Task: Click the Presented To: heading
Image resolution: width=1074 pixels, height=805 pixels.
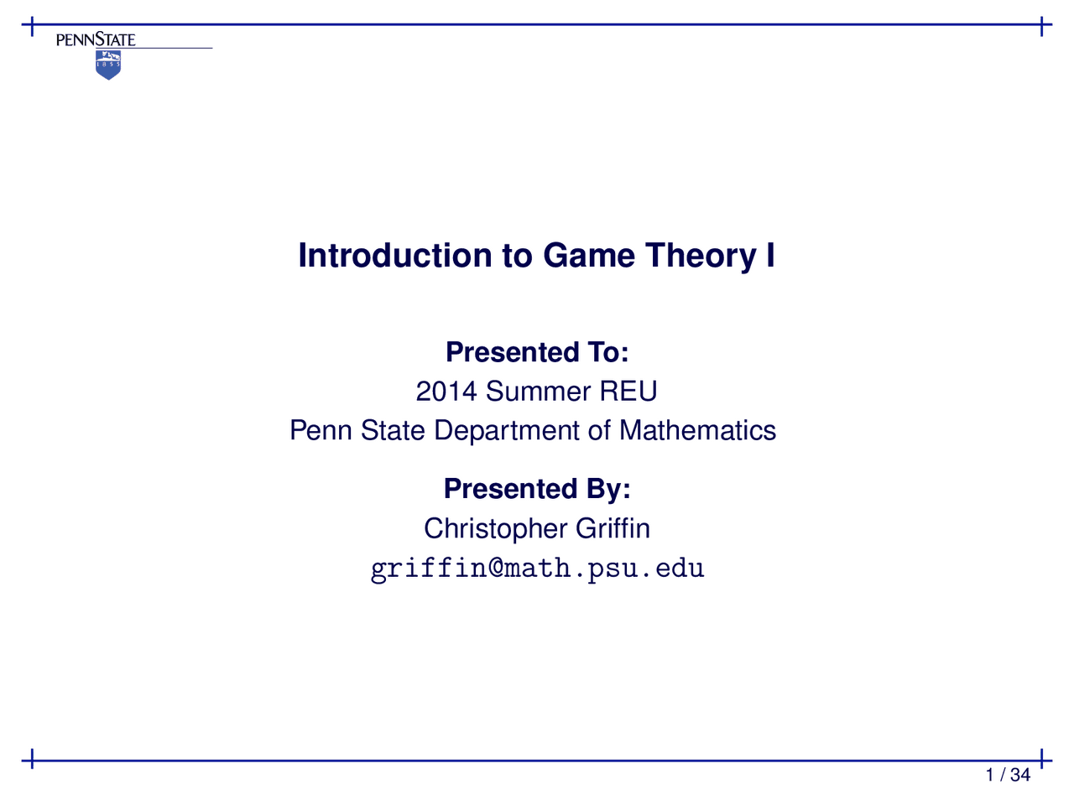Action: point(537,352)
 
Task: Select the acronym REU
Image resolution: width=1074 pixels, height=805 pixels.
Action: point(628,392)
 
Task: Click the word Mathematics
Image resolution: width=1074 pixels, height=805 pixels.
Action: point(697,431)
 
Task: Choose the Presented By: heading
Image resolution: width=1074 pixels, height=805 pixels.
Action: point(537,489)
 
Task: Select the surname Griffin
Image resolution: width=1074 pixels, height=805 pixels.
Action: point(613,529)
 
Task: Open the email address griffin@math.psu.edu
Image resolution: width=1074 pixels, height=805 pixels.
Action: point(537,569)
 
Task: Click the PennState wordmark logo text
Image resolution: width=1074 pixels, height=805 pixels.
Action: point(96,39)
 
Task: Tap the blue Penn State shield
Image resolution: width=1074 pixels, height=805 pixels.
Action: point(108,65)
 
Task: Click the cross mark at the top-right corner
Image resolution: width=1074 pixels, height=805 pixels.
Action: point(1040,26)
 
